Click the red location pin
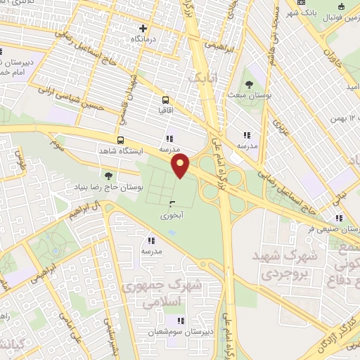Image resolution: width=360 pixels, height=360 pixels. [181, 166]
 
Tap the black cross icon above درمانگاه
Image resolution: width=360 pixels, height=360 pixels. [143, 28]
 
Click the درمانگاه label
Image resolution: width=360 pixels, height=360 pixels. [143, 39]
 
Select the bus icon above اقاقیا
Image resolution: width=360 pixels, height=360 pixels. [165, 100]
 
